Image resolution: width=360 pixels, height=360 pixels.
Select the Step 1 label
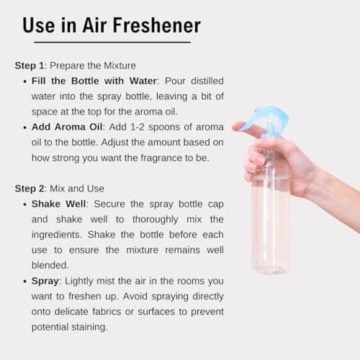click(30, 65)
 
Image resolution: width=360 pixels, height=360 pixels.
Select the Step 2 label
click(30, 189)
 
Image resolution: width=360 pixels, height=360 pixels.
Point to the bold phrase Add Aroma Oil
click(65, 127)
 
